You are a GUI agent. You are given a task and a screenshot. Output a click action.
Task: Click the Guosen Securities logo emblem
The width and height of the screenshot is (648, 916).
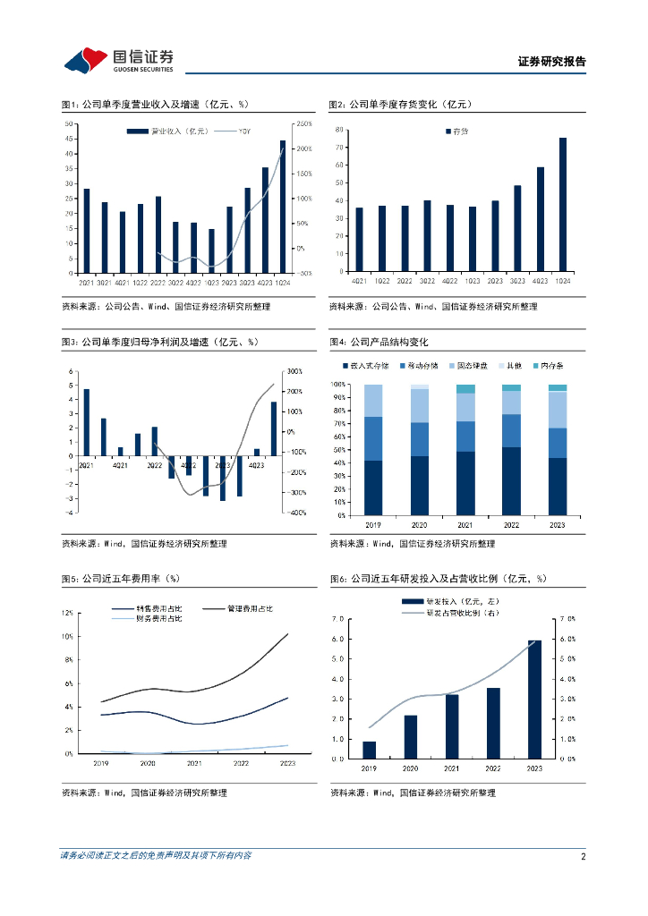click(86, 61)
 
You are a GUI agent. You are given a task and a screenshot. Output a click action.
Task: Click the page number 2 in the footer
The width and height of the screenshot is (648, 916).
click(583, 856)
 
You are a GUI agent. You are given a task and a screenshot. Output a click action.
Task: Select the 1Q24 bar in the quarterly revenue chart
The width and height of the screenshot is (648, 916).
click(283, 207)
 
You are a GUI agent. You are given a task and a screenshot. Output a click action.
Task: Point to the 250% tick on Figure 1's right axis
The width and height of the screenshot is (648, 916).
click(303, 123)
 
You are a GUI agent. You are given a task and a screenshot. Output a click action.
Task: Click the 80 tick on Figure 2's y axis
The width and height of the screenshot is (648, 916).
click(340, 130)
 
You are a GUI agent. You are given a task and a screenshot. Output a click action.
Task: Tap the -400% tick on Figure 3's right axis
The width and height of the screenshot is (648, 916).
click(295, 513)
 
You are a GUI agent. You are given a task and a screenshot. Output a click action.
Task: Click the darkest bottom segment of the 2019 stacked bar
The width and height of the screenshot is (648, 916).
click(373, 488)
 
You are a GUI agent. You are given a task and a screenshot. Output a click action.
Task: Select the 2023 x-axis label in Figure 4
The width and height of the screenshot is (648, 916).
click(558, 523)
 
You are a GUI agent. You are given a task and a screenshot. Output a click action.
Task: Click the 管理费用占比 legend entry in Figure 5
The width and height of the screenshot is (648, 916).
click(244, 608)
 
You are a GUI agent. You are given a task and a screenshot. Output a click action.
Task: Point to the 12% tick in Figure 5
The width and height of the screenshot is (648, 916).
click(68, 613)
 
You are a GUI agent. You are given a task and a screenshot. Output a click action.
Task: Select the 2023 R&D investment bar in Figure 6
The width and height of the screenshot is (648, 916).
click(534, 699)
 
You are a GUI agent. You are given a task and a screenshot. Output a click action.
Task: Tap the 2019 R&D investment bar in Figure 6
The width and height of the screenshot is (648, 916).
click(369, 750)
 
